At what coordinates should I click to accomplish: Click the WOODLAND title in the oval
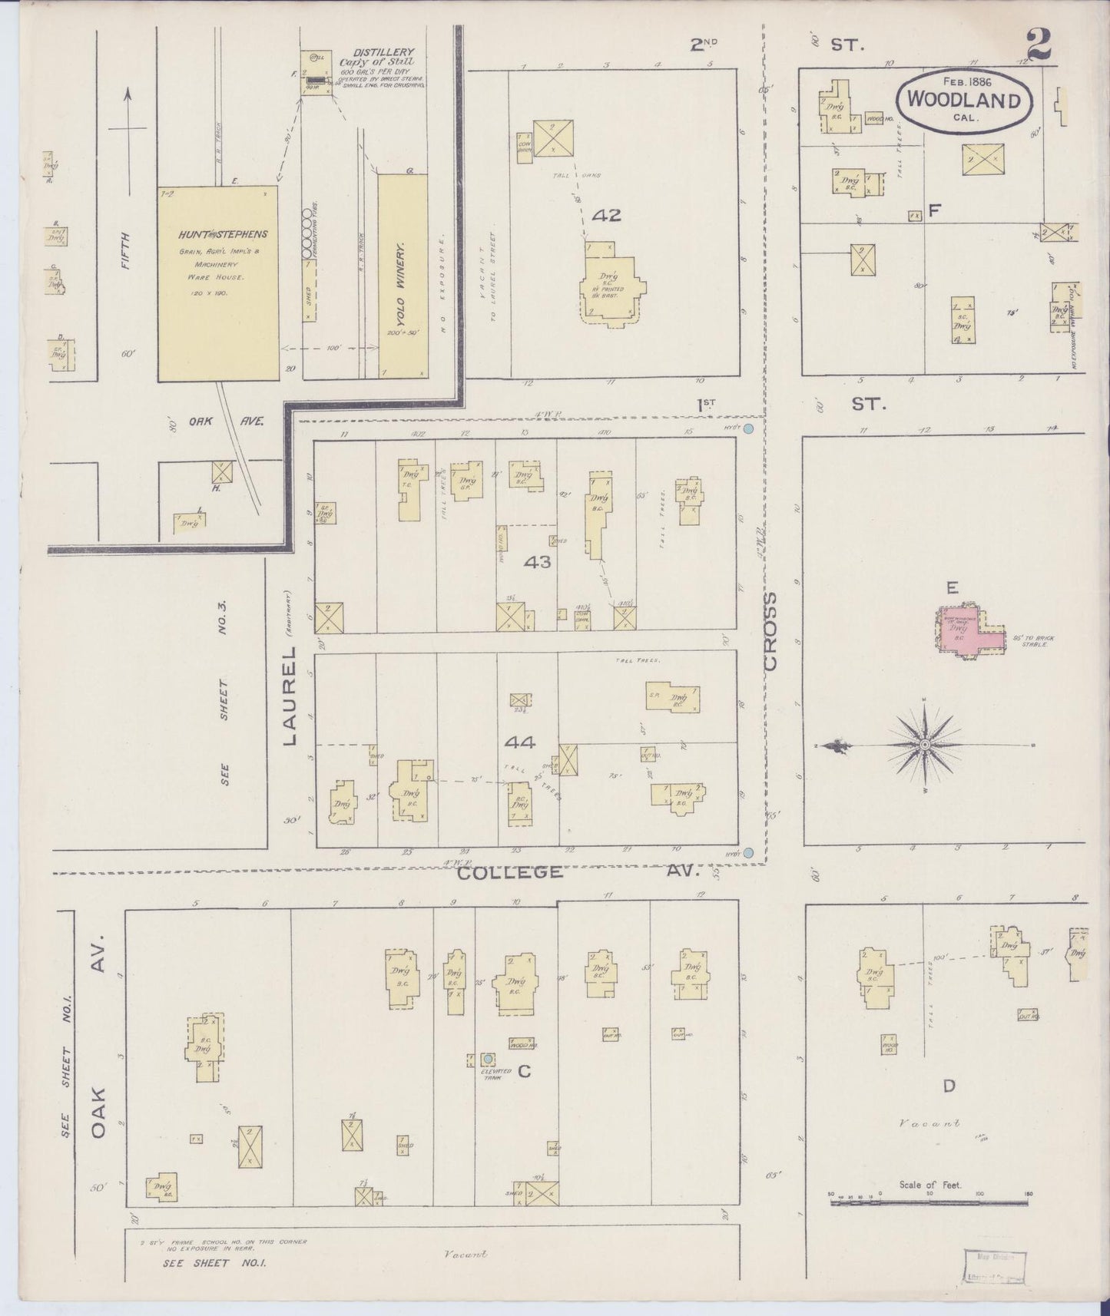pos(964,100)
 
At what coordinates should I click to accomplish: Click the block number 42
pos(606,216)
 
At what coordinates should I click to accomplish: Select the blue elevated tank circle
pos(487,1060)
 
